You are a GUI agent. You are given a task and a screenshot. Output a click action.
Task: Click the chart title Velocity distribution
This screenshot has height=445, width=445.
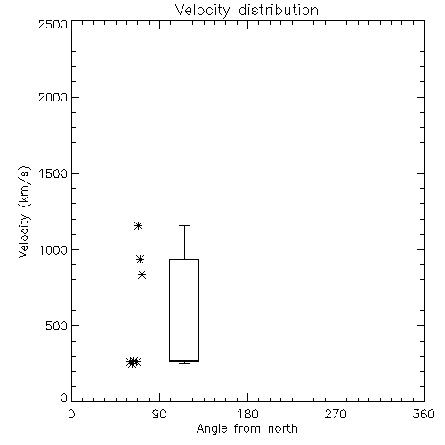pos(247,11)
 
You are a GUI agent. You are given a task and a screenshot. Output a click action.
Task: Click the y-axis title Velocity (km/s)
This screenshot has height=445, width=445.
pos(24,212)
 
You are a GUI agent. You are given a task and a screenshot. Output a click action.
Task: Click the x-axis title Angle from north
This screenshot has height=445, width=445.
pos(247,429)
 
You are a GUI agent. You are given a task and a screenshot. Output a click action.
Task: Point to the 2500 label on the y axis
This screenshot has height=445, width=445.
pos(53,24)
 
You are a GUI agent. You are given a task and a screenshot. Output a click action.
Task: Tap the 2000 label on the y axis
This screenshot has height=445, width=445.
pos(53,97)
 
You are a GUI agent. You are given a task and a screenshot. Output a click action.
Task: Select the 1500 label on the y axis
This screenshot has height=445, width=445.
pos(53,174)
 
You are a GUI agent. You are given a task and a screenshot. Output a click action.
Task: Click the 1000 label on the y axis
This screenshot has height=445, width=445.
pos(53,250)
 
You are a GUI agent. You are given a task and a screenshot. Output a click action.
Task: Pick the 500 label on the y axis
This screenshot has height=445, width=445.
pos(57,326)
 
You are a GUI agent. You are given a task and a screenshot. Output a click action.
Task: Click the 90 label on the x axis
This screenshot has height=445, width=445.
pos(159,414)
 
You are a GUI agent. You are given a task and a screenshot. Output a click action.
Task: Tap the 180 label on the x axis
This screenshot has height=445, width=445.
pos(247,414)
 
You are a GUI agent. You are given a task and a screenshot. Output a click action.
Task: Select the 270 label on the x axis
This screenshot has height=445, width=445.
pos(336,414)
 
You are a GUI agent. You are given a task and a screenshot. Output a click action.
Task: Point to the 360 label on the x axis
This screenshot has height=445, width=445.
pos(424,414)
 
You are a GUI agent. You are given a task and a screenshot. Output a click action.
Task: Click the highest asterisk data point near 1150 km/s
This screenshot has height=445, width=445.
pos(138,226)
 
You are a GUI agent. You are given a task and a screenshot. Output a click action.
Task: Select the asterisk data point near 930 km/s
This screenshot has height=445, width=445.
pos(140,260)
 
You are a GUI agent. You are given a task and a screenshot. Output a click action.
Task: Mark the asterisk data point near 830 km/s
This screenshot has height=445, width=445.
pos(142,275)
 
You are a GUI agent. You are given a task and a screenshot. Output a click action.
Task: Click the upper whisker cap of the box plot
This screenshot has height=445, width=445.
pos(184,226)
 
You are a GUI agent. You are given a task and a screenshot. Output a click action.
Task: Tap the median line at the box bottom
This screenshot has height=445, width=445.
pos(184,361)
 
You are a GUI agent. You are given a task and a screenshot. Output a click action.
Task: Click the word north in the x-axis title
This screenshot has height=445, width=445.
pos(283,429)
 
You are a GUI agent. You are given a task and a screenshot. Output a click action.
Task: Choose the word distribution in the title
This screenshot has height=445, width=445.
pos(279,11)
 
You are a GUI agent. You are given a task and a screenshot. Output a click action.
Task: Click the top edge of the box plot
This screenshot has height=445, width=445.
pos(184,260)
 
